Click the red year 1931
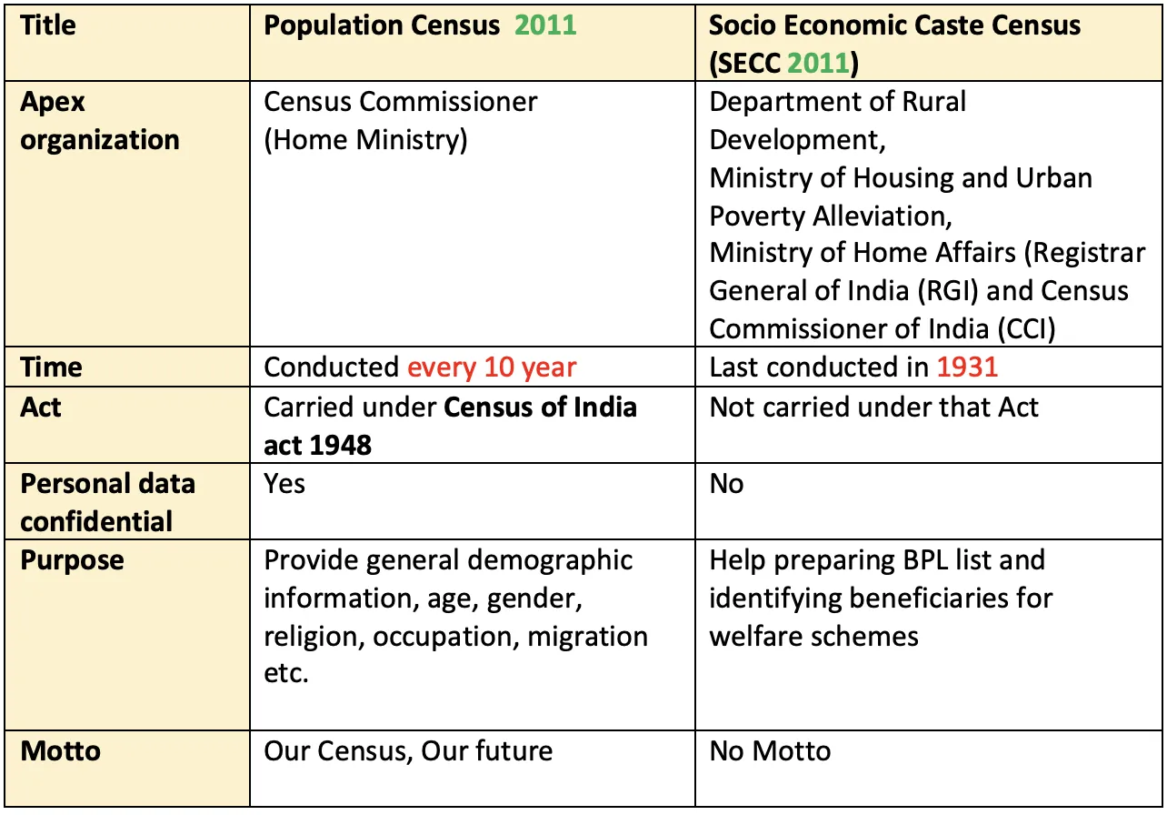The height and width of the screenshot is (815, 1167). [x=967, y=367]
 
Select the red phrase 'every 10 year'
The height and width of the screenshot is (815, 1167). [x=491, y=367]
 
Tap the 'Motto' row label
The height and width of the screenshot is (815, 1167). [x=61, y=751]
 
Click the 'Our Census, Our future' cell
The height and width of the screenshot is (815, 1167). [x=408, y=751]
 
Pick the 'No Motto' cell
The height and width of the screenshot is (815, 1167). [x=770, y=751]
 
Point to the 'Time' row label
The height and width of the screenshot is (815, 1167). [x=51, y=367]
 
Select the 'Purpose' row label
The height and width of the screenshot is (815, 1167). [x=73, y=559]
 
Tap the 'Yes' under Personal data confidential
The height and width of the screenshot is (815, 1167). [x=284, y=483]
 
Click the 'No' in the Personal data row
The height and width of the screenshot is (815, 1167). [x=726, y=483]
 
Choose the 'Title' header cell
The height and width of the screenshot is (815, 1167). [x=48, y=25]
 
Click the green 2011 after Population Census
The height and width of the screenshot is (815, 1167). [x=545, y=25]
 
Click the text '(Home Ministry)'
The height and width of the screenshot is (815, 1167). [x=365, y=140]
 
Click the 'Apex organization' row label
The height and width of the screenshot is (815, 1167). [x=100, y=121]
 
